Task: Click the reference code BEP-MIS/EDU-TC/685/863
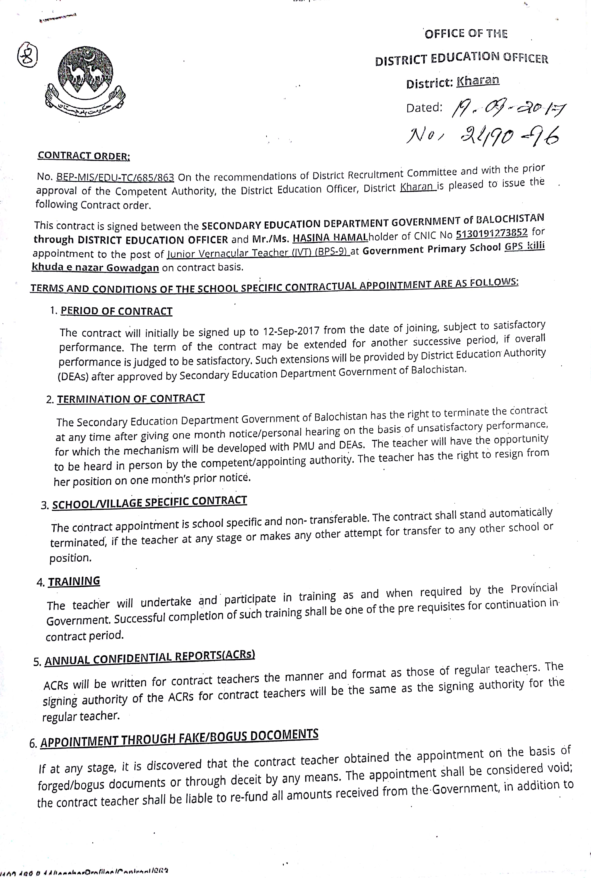click(x=115, y=177)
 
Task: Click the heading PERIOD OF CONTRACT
click(x=116, y=311)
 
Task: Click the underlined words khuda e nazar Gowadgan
click(x=95, y=267)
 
